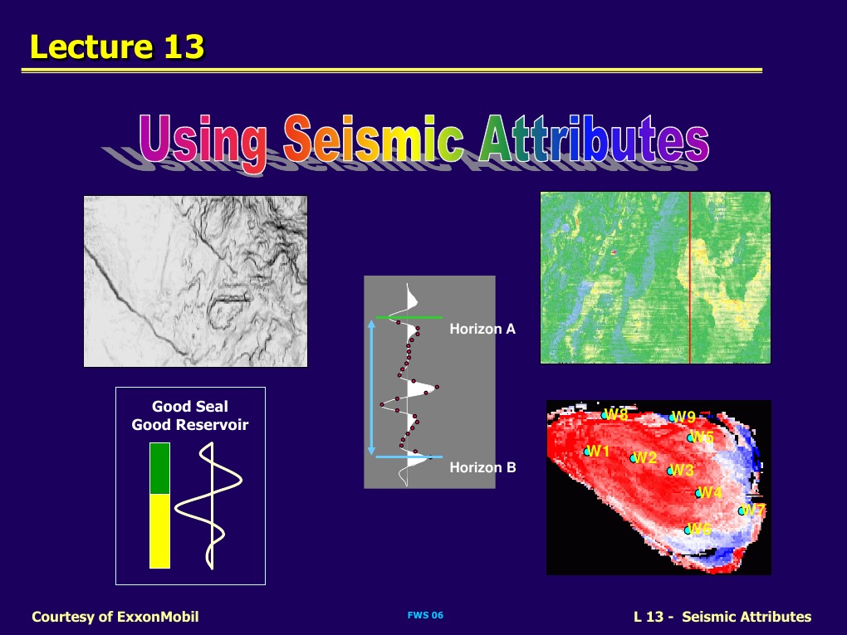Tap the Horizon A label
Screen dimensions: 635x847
pos(482,330)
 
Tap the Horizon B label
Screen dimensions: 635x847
pos(482,467)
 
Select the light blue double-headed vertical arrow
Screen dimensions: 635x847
pos(371,388)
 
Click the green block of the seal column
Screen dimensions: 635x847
pos(159,468)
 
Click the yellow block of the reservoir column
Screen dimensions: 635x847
pos(159,531)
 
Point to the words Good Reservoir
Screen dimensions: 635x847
pos(190,425)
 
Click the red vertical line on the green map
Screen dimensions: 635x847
pos(689,278)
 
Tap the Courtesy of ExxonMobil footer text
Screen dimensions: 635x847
pos(115,616)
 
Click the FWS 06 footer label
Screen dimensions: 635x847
pos(425,615)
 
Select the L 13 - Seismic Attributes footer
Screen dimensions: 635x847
pos(722,616)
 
